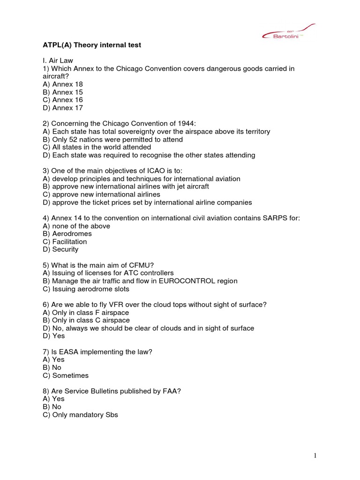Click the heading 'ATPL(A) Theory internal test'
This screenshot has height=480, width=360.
(91, 45)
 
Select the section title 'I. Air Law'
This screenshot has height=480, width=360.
(58, 60)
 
